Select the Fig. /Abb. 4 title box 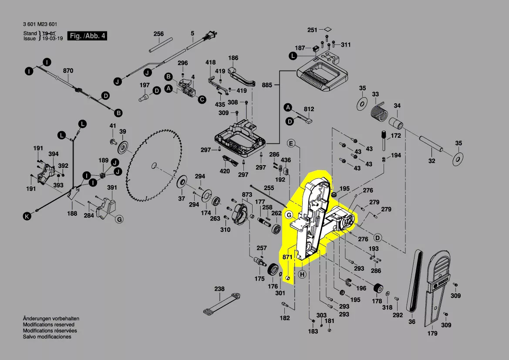pos(87,36)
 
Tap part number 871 pos(287,258)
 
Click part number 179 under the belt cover pos(432,334)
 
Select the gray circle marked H pos(303,274)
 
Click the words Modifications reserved pos(48,325)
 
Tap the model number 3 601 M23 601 pos(40,24)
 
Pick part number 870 pos(68,71)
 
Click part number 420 pos(225,171)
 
